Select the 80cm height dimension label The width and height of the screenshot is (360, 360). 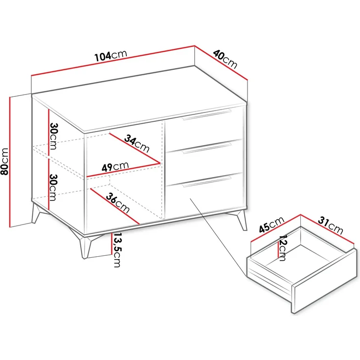(5, 161)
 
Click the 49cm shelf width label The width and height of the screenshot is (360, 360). (115, 167)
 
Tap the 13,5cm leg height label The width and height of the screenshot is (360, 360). (117, 250)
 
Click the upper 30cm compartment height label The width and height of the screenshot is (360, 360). (54, 136)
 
